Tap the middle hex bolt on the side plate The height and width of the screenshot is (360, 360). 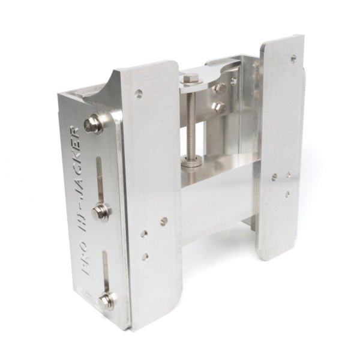(x=100, y=211)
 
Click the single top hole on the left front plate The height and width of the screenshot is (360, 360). (x=139, y=94)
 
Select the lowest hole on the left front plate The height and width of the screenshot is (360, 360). (x=145, y=256)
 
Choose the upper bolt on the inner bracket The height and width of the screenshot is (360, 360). (x=220, y=87)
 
